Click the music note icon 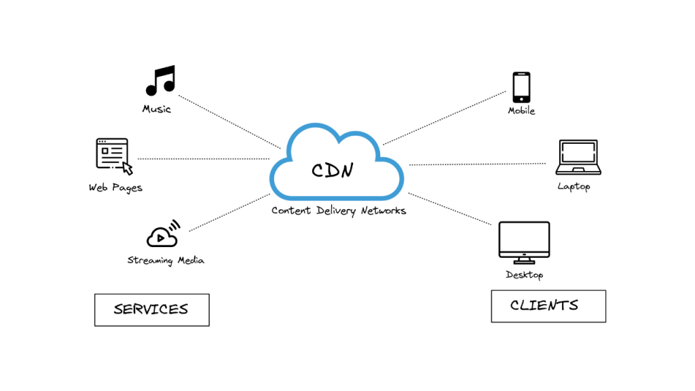(160, 80)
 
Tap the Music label (157, 109)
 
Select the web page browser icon (113, 155)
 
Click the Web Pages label (115, 187)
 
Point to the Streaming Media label (166, 260)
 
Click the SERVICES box (151, 310)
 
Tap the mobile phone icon (521, 87)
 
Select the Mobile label (521, 111)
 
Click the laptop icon (577, 157)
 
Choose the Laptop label (574, 186)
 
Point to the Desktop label (524, 275)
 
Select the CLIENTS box (548, 305)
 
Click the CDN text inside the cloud (332, 170)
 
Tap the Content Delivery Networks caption (339, 210)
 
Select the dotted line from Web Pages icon (203, 159)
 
